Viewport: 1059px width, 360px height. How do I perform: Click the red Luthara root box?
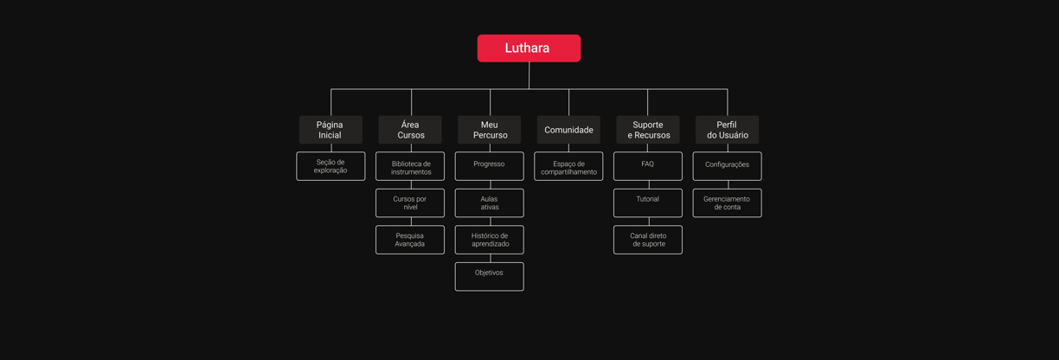[529, 48]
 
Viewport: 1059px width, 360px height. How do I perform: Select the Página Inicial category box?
[331, 130]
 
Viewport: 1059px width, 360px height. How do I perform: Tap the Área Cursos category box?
[410, 130]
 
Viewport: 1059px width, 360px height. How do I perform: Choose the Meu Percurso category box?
[490, 130]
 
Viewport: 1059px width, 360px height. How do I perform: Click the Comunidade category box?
[568, 130]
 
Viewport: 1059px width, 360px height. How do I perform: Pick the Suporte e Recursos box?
[648, 130]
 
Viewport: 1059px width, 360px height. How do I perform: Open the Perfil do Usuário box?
[727, 130]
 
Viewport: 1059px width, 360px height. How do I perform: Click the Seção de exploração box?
[331, 166]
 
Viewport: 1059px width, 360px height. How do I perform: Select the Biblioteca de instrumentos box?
[410, 166]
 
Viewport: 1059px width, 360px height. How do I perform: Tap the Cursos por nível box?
[410, 203]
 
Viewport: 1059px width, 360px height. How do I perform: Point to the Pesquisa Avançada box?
[410, 240]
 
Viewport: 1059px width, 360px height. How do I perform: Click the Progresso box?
[490, 166]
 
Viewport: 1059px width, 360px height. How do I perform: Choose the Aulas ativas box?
[490, 203]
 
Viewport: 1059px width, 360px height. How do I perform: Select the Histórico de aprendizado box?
[490, 240]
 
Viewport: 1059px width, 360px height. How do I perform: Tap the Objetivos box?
[490, 277]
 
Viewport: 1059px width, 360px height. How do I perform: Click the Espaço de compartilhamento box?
[568, 166]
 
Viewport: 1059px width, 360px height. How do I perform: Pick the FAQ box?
[648, 166]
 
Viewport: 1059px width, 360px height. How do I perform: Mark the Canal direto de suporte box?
[648, 240]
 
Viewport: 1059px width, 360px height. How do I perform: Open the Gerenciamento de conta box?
[727, 203]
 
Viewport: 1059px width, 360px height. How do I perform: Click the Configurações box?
[727, 166]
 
